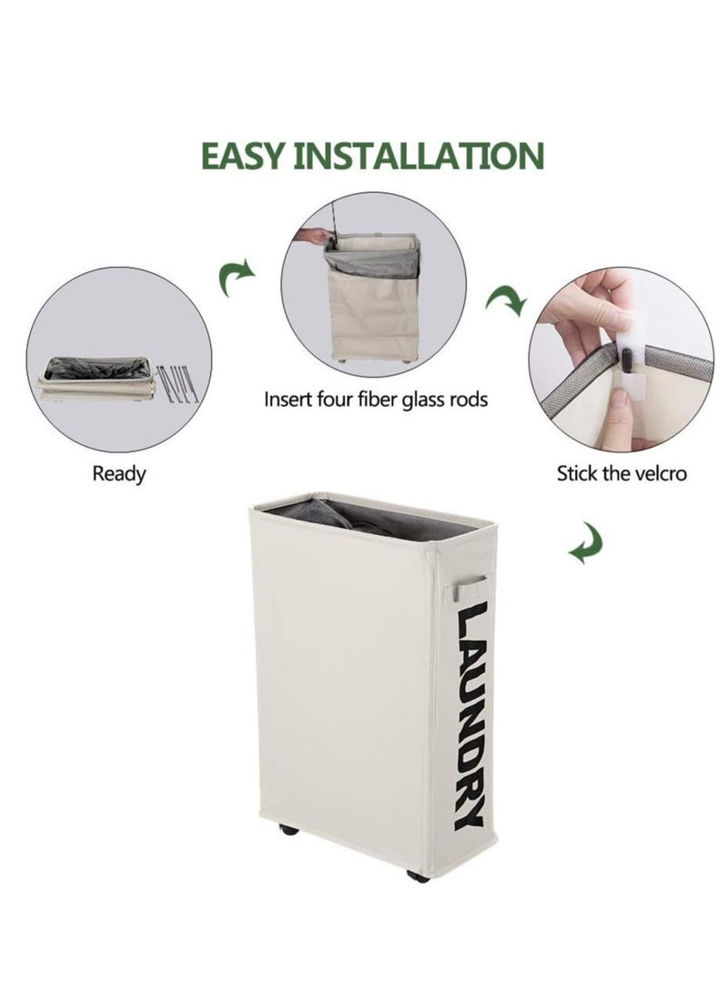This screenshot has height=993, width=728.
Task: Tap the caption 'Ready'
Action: coord(118,473)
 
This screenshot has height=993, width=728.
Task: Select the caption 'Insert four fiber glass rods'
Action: coord(376,399)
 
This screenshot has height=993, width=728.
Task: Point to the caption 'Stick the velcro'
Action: coord(622,473)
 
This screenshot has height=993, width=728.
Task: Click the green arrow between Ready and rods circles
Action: coord(237,277)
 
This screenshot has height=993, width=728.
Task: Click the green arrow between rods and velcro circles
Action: coord(506,299)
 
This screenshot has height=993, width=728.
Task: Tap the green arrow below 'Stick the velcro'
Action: coord(585,546)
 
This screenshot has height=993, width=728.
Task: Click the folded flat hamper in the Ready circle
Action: coord(96,379)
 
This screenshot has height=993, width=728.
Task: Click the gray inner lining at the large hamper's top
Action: coord(364,518)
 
